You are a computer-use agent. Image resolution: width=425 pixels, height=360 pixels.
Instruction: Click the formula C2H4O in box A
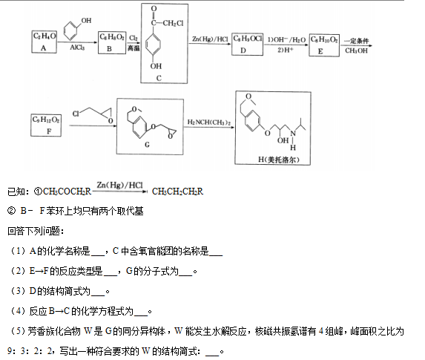(x=45, y=36)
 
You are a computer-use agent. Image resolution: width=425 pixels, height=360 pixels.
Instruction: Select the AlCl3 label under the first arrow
(x=77, y=48)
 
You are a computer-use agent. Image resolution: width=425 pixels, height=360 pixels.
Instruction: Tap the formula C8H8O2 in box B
(x=112, y=37)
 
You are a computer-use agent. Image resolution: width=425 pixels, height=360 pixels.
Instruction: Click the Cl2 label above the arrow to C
(x=134, y=39)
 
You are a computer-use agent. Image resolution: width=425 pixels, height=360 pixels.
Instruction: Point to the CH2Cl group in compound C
(x=174, y=23)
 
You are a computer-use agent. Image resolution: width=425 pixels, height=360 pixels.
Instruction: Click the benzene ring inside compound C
(x=153, y=45)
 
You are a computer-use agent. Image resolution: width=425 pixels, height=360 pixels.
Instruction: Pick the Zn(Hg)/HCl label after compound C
(x=210, y=39)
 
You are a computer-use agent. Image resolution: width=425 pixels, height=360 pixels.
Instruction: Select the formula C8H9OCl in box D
(x=248, y=39)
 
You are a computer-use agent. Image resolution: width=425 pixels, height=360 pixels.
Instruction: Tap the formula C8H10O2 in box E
(x=324, y=39)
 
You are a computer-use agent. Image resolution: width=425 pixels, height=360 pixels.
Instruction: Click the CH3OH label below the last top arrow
(x=356, y=50)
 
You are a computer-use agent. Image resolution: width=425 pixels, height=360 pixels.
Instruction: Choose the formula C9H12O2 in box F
(x=46, y=120)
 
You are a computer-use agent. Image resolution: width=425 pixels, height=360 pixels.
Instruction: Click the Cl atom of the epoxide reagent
(x=76, y=114)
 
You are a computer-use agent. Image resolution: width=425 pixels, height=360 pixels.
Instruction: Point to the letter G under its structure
(x=147, y=145)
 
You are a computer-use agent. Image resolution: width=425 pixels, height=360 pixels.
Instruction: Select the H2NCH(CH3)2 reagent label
(x=209, y=122)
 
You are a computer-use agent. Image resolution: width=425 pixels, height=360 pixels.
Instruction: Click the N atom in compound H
(x=293, y=134)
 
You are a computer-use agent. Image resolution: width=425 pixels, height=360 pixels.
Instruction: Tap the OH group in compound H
(x=283, y=140)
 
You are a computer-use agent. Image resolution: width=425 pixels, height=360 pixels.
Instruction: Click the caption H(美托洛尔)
(x=279, y=160)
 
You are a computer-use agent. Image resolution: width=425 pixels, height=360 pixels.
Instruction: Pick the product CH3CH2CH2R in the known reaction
(x=177, y=192)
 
